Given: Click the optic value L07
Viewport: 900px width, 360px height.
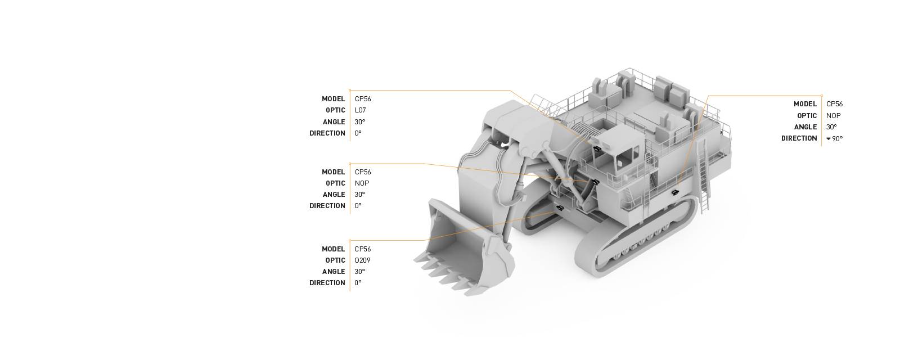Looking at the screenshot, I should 360,110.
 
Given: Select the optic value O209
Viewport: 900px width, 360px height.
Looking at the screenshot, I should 362,260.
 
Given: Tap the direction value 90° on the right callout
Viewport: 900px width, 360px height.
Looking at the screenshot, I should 838,138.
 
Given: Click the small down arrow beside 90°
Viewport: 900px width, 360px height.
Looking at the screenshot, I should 828,138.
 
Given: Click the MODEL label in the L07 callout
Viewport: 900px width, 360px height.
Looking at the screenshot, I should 333,99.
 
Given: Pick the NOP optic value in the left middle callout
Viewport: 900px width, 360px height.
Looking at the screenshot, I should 362,183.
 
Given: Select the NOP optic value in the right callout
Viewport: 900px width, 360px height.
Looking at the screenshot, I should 833,115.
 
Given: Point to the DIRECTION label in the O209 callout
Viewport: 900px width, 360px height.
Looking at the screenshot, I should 327,283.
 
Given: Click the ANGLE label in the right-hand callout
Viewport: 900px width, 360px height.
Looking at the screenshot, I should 805,127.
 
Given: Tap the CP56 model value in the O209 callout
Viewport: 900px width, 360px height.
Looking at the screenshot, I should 363,249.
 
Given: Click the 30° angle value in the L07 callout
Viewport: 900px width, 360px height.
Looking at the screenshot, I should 359,122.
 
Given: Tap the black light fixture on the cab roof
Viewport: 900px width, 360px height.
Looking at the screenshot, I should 596,148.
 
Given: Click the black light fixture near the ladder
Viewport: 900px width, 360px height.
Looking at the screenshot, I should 674,192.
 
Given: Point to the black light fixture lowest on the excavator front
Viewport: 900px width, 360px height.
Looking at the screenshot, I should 560,208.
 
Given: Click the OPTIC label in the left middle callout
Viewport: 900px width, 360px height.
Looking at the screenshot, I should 335,183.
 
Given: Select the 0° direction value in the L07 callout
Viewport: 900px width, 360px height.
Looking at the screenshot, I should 358,133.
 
